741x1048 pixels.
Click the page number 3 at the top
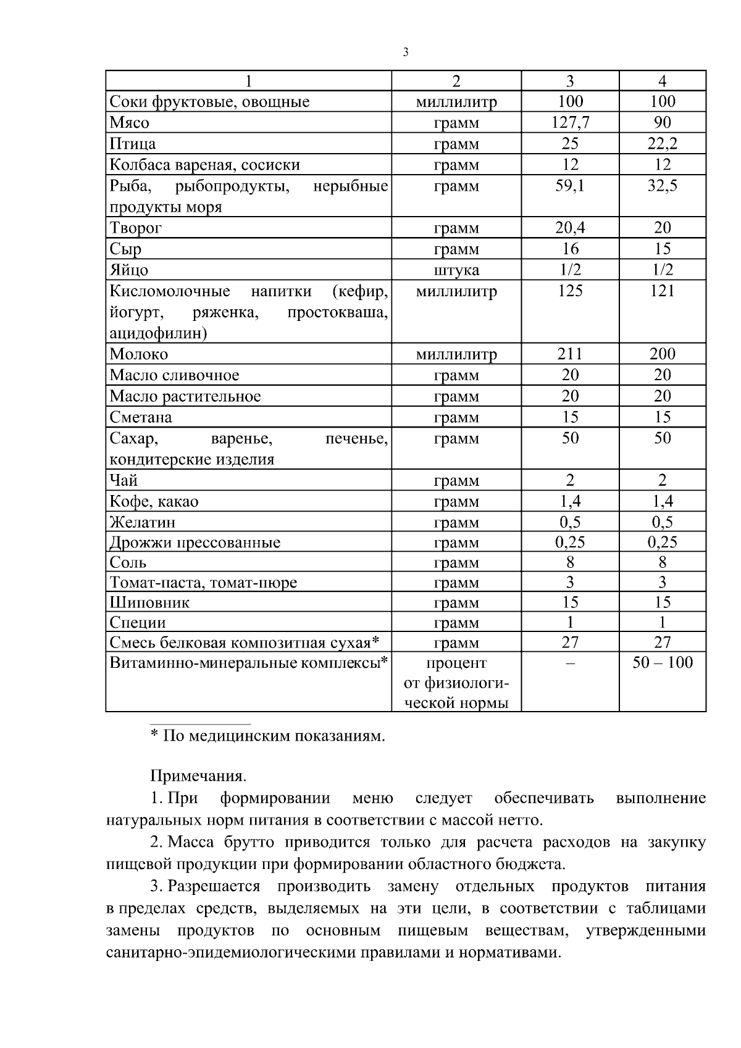[405, 52]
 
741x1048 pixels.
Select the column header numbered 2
[456, 81]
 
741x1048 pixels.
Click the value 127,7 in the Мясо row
[570, 122]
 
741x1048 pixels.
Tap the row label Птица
[133, 144]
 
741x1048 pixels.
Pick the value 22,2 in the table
[662, 143]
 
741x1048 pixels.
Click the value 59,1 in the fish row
[570, 185]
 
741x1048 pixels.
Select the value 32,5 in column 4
[662, 185]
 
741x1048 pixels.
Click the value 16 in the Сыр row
[570, 249]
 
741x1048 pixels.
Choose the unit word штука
[456, 270]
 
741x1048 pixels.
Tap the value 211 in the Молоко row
[570, 354]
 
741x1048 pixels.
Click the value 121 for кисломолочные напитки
[662, 290]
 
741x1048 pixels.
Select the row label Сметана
[141, 417]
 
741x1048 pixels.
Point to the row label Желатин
[143, 522]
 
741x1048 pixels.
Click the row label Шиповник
[149, 602]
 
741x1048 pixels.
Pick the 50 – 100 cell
[662, 663]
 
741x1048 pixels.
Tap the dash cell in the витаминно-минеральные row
[570, 663]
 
